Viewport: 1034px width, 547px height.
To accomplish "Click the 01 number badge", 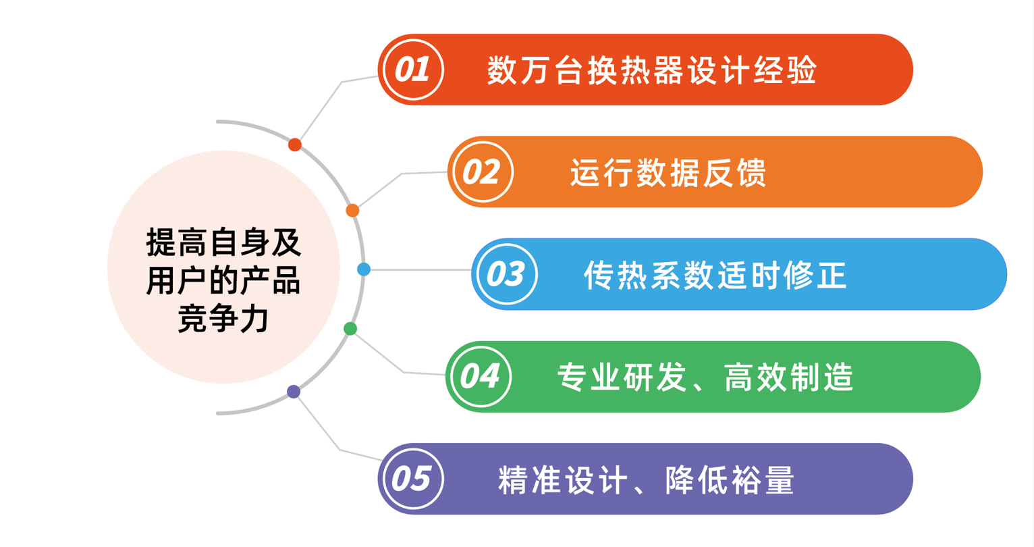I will [x=412, y=70].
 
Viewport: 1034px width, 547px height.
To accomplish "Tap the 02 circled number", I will [x=482, y=172].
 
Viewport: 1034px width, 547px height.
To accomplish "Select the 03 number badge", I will [x=506, y=274].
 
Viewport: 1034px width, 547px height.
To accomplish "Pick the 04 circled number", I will [x=480, y=376].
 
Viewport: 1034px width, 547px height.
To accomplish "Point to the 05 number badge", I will [x=412, y=479].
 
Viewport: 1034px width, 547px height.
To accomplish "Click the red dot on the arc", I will [x=295, y=145].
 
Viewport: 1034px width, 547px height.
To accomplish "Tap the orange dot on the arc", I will [x=352, y=211].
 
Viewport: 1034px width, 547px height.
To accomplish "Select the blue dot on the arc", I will [x=364, y=269].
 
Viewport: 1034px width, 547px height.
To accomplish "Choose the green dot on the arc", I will [x=350, y=329].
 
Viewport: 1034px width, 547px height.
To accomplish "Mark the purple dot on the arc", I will [x=294, y=392].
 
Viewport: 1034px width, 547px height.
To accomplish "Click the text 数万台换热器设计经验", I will [x=652, y=70].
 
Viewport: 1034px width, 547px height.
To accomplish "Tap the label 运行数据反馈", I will [x=668, y=173].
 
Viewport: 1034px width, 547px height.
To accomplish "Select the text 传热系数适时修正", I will [x=715, y=275].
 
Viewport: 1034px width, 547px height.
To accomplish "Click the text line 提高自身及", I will [x=223, y=242].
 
